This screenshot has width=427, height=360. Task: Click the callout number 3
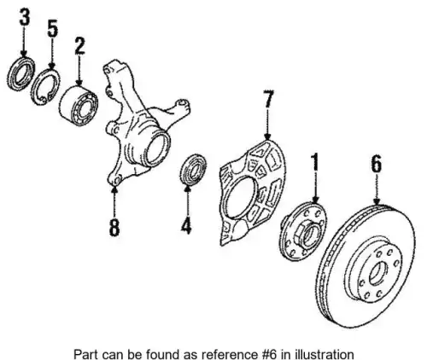[24, 17]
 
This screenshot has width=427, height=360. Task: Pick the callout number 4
[186, 225]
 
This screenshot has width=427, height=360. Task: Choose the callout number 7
[268, 99]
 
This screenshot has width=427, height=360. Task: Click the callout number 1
[314, 162]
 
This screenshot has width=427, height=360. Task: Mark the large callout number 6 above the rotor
[377, 165]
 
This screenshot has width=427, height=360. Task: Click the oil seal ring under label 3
[20, 73]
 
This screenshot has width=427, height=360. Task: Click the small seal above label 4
[194, 170]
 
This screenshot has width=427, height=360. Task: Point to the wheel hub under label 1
[302, 231]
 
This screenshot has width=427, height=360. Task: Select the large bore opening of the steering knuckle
[157, 149]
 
